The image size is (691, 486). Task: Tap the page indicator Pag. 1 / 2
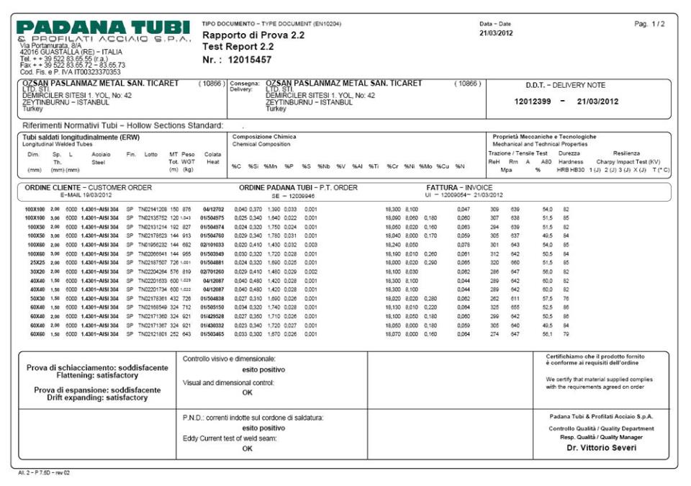click(x=649, y=24)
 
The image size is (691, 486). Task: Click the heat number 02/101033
click(x=213, y=245)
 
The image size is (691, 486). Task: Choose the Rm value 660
click(x=515, y=264)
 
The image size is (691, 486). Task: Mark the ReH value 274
click(x=494, y=334)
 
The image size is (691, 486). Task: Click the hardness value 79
click(x=566, y=334)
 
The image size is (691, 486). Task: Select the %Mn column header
click(x=271, y=167)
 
